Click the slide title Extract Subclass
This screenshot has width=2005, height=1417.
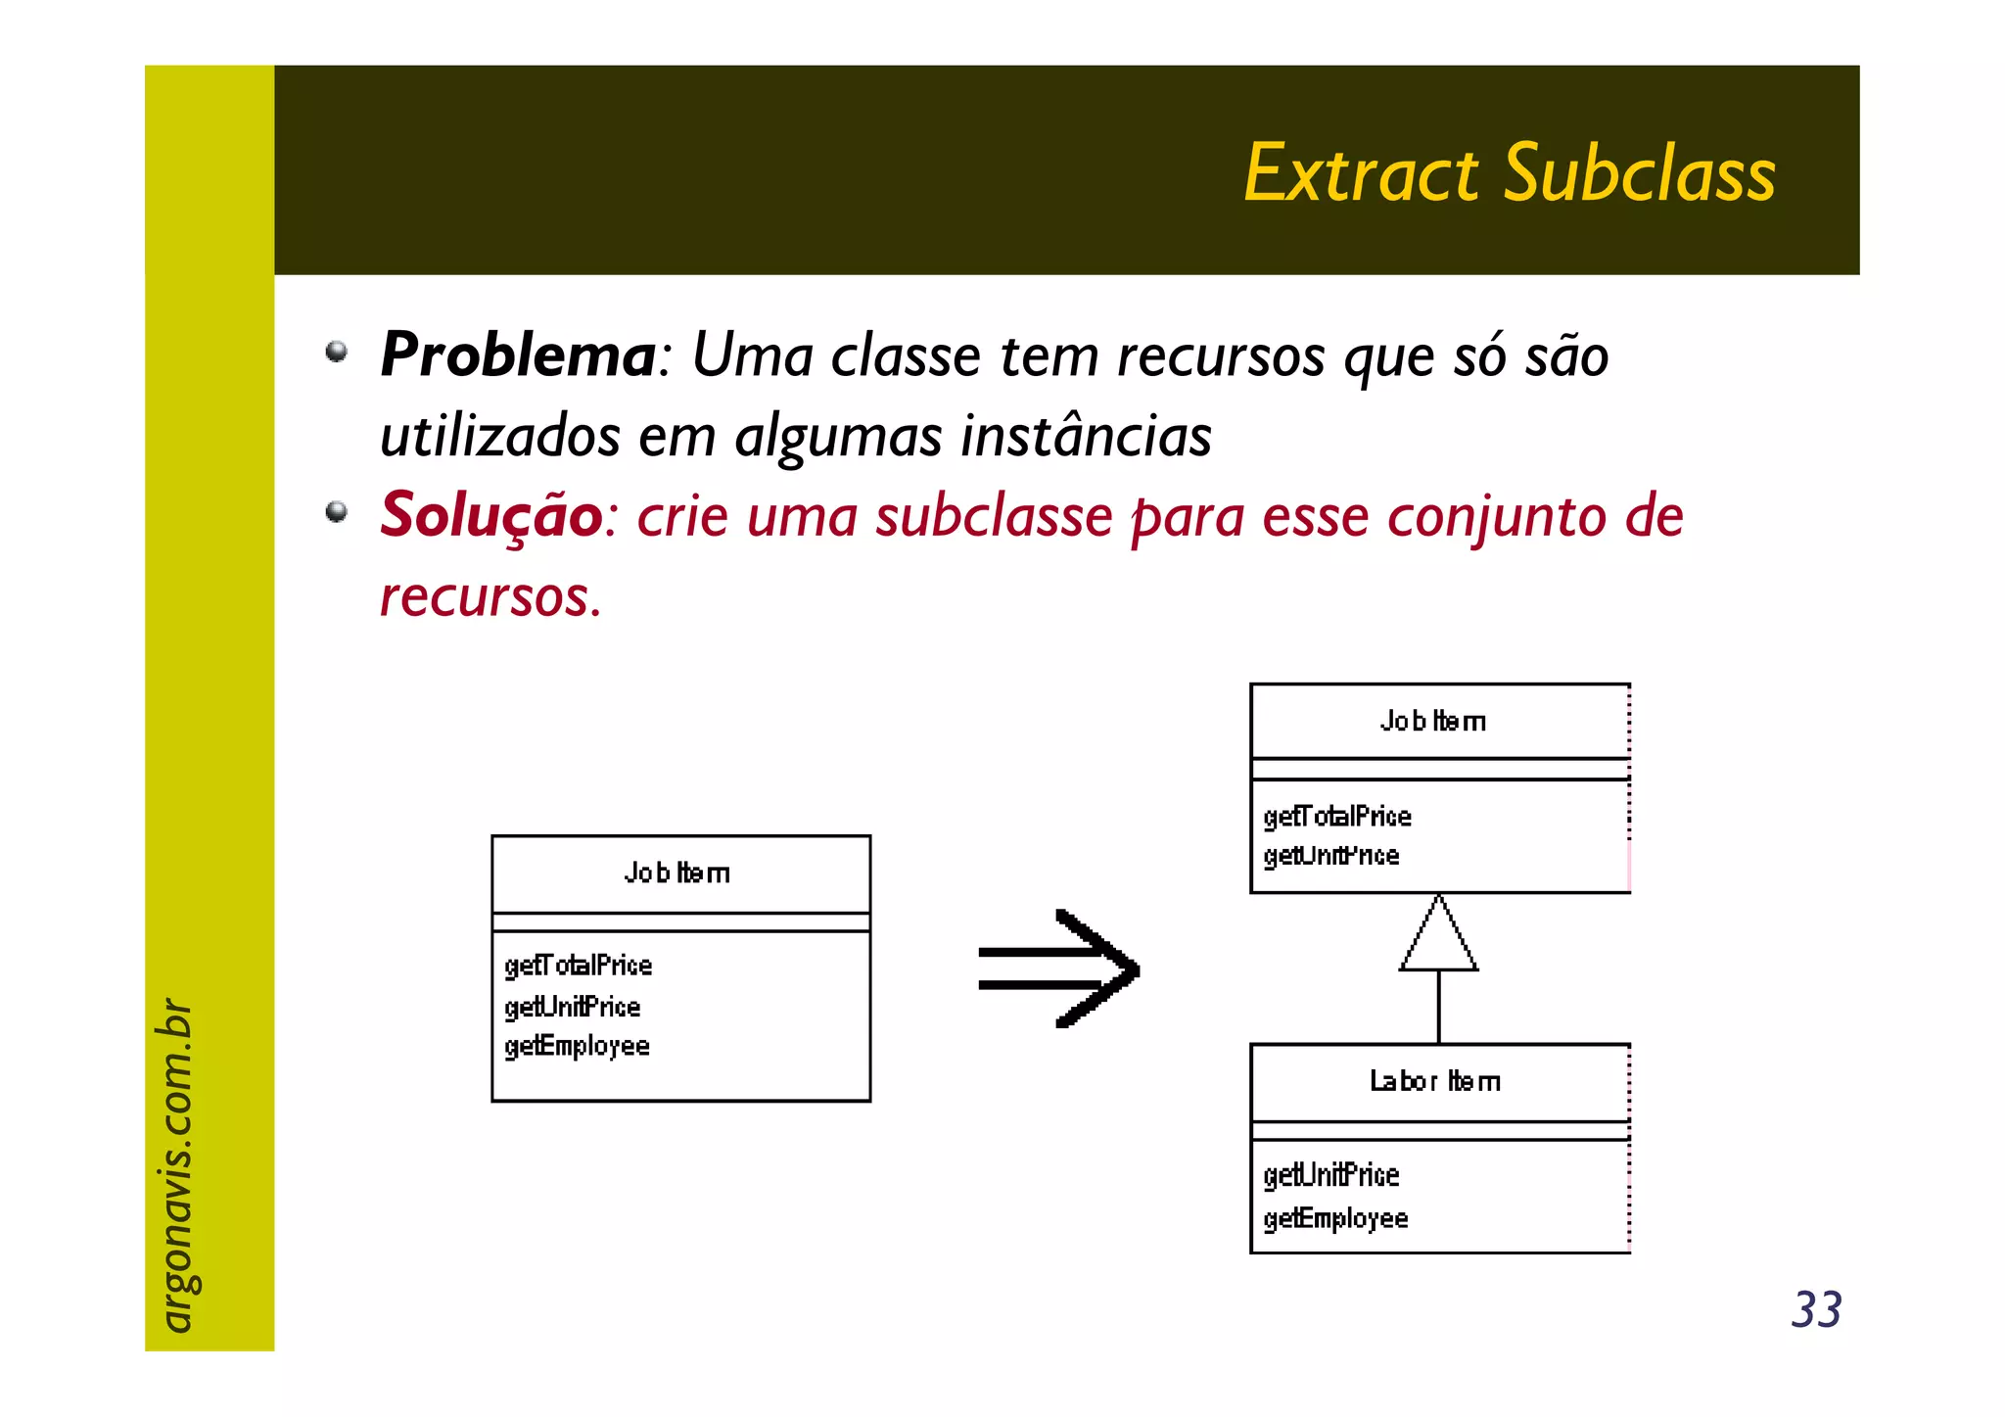pos(1509,173)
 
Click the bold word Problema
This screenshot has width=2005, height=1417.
pos(517,354)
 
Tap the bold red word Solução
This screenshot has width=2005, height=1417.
pos(490,515)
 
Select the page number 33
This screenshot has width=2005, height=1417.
pos(1816,1309)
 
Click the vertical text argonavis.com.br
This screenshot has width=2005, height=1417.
pos(176,1164)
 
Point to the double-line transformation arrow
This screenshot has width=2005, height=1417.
pos(1059,968)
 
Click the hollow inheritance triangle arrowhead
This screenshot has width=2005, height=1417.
pos(1438,935)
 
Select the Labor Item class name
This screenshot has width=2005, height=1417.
pos(1434,1082)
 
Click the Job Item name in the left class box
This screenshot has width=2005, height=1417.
pos(677,874)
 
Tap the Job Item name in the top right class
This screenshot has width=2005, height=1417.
pos(1433,722)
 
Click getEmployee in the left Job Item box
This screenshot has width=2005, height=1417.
pos(577,1047)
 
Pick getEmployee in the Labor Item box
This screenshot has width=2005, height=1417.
pos(1335,1219)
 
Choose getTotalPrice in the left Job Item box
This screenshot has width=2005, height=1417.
pos(578,966)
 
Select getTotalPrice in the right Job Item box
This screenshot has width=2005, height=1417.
pos(1337,817)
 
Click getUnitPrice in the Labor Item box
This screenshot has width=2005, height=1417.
pos(1331,1175)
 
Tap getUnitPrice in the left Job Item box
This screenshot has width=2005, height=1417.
pos(573,1007)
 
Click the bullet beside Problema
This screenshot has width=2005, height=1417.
pos(337,352)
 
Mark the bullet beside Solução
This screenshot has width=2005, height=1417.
pos(337,512)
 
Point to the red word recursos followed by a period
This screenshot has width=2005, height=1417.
pos(490,596)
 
